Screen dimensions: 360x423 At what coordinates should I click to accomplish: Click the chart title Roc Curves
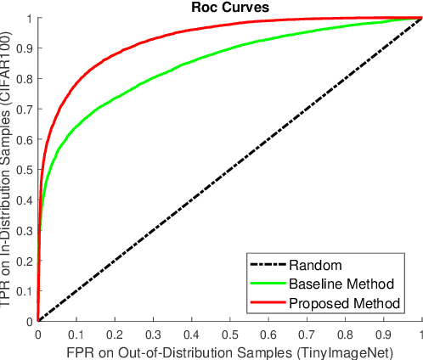pyautogui.click(x=229, y=8)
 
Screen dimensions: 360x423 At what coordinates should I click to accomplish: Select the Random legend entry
pyautogui.click(x=309, y=263)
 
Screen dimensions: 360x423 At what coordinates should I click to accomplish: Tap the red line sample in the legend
pyautogui.click(x=267, y=302)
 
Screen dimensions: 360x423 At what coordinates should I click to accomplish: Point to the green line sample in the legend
pyautogui.click(x=267, y=283)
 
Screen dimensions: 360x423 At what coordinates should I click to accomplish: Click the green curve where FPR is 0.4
pyautogui.click(x=191, y=66)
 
